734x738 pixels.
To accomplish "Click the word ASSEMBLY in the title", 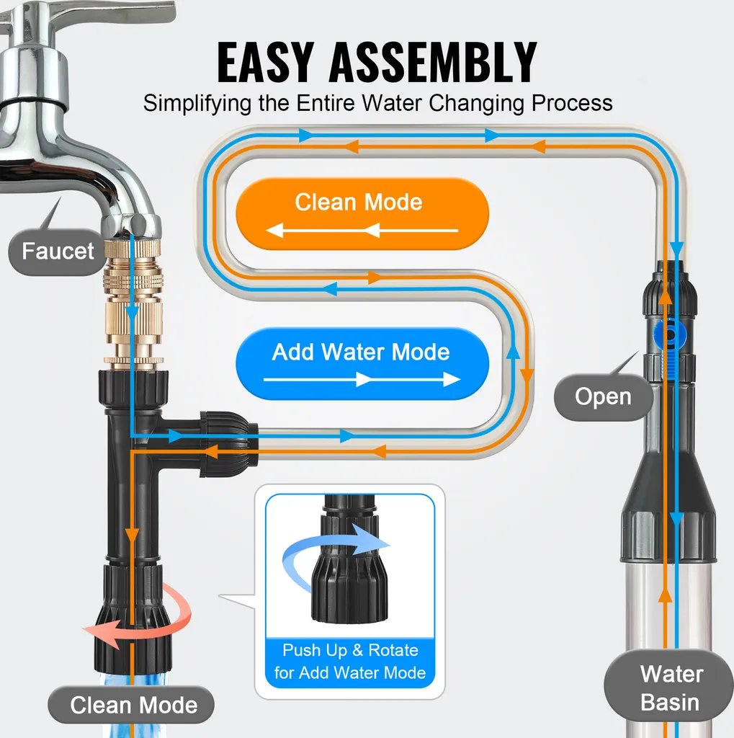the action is [x=433, y=62].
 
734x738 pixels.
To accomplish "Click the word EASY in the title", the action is [x=265, y=62].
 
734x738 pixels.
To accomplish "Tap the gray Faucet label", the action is [x=58, y=252].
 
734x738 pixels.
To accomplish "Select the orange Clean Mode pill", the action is [x=362, y=213].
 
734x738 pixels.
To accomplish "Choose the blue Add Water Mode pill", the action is [x=362, y=363].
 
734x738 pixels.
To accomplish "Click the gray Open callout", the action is [x=603, y=397].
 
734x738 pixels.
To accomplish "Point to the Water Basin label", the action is [x=671, y=688].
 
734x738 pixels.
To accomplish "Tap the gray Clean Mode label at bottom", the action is [x=131, y=705].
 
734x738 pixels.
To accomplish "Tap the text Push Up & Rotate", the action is [x=350, y=650].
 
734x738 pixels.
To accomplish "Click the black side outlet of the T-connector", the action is [x=229, y=444].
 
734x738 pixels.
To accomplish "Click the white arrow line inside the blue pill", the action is [x=362, y=379].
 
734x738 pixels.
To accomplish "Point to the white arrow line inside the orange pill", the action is [x=362, y=231].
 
